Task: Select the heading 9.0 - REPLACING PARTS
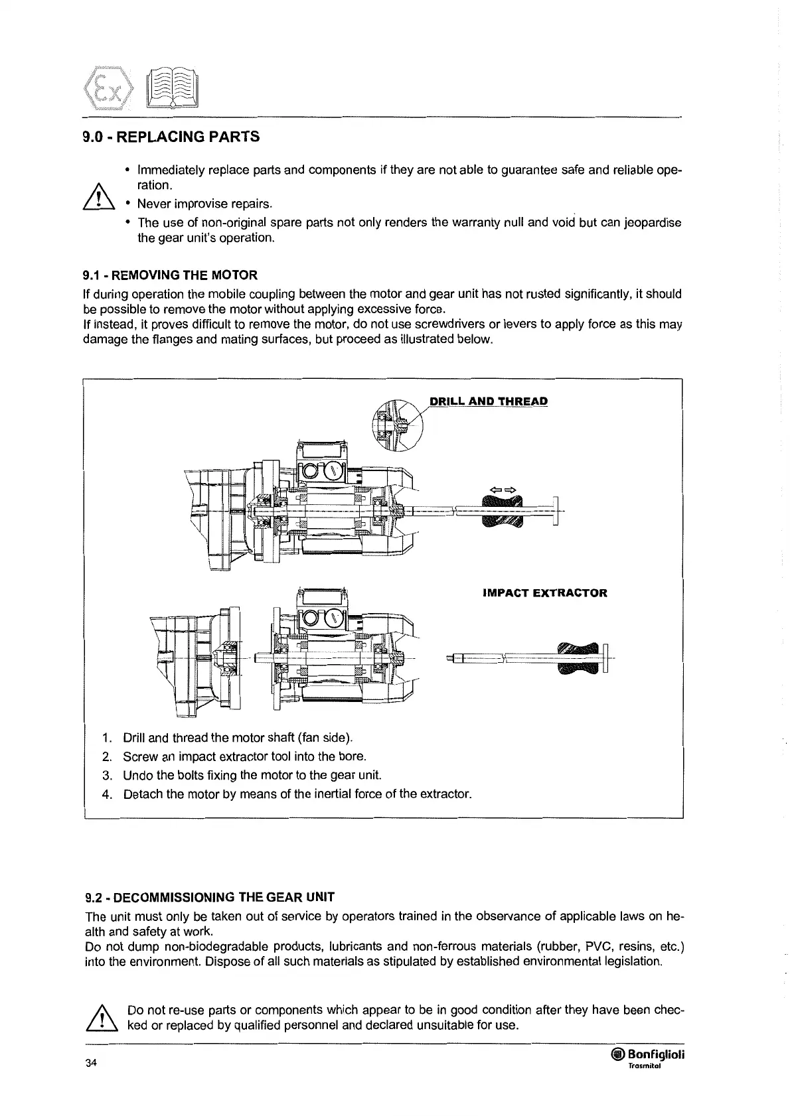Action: [171, 137]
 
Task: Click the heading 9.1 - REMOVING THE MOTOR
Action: [170, 275]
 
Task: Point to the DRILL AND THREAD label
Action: [489, 401]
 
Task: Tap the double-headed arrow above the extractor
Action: [502, 490]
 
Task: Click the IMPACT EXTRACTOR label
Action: [544, 593]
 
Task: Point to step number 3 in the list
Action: [106, 775]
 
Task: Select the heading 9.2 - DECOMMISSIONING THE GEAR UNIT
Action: [210, 897]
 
